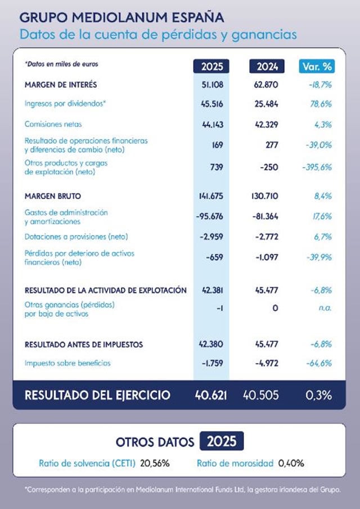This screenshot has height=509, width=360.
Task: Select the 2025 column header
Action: [211, 66]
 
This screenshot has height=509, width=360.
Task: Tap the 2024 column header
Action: [267, 66]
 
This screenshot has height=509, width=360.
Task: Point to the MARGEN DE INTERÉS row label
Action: [61, 85]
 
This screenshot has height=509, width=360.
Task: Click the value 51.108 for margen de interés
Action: [211, 85]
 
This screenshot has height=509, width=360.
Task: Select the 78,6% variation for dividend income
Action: [319, 104]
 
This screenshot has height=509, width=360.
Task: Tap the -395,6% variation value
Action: [317, 167]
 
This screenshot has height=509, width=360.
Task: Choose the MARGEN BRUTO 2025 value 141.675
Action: [210, 196]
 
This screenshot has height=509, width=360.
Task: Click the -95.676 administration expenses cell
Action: [210, 217]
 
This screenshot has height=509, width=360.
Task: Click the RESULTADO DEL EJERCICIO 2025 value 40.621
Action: [210, 395]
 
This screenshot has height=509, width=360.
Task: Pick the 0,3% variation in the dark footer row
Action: [318, 395]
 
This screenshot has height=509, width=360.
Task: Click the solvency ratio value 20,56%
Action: [155, 463]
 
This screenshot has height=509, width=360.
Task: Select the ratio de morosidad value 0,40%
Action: [291, 463]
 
